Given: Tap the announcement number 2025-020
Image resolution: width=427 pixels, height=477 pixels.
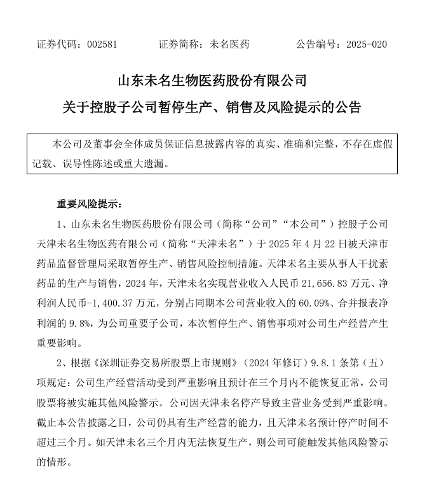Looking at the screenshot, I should tap(367, 45).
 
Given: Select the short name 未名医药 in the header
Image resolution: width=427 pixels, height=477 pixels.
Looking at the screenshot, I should tap(229, 45).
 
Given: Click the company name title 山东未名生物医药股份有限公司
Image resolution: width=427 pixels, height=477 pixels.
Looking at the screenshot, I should tap(212, 81).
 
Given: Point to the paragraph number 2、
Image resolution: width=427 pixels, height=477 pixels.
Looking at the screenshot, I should tap(62, 363).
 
